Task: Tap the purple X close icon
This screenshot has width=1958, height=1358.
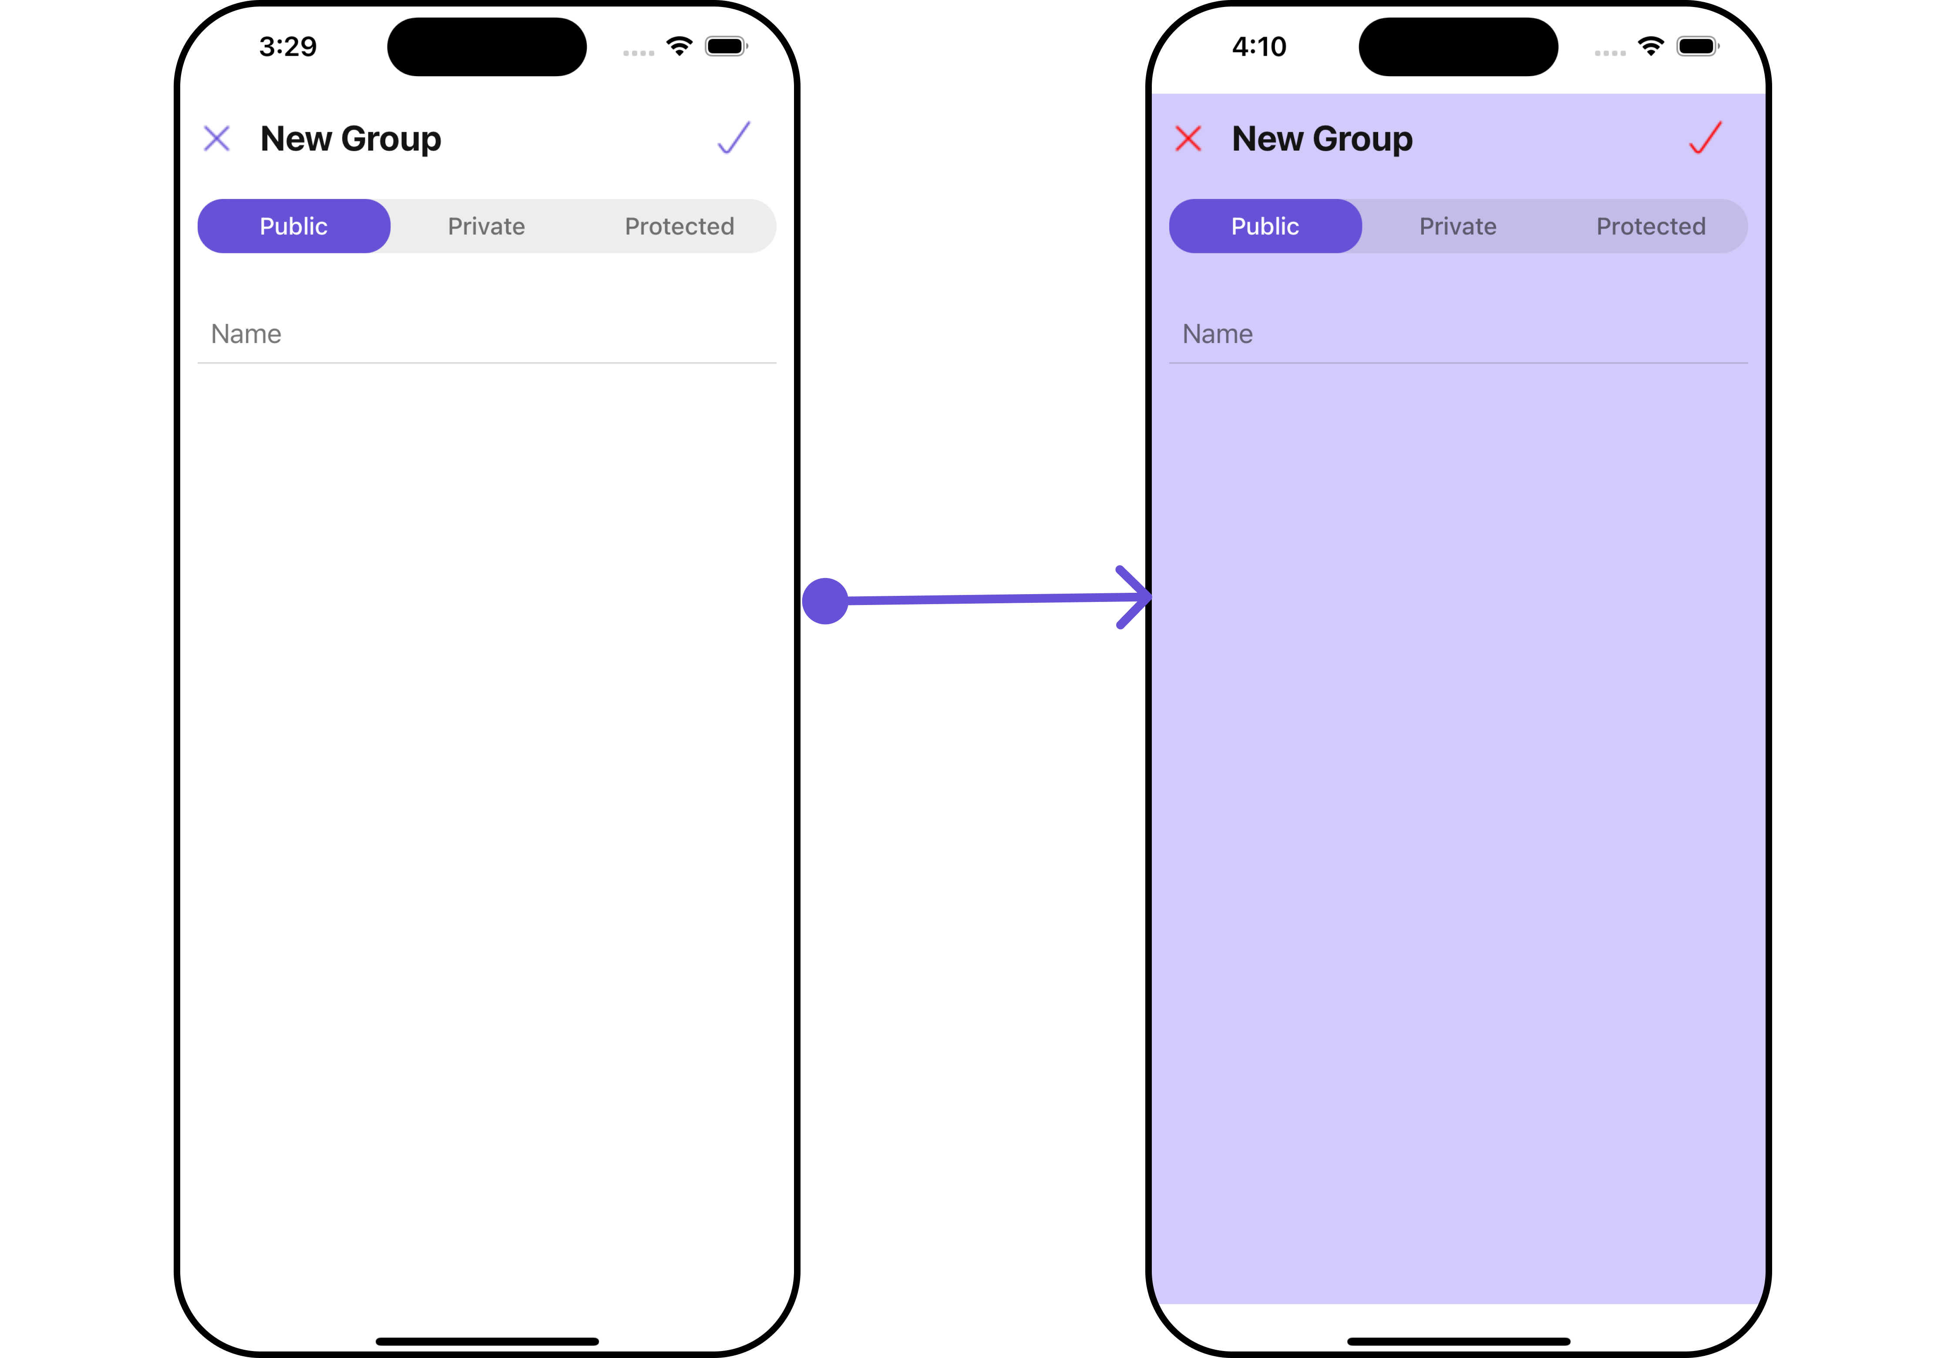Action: click(217, 138)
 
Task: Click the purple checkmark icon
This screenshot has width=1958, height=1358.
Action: click(733, 137)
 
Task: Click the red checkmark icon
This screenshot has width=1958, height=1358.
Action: click(1705, 137)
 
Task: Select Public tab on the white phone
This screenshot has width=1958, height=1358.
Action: click(293, 226)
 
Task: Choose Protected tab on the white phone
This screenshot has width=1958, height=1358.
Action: click(679, 226)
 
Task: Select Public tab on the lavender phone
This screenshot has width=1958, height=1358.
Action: click(1265, 226)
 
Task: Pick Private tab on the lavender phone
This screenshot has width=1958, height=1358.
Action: click(1458, 226)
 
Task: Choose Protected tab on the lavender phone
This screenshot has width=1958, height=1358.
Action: click(1651, 226)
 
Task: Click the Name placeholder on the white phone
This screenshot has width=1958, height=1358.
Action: click(246, 333)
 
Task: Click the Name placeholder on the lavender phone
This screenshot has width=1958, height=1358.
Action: click(1218, 333)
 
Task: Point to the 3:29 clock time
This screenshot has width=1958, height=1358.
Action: click(288, 46)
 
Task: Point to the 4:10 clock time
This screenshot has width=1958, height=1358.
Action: click(1259, 46)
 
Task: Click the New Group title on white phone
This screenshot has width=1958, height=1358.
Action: click(350, 139)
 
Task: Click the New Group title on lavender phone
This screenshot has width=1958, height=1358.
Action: click(1322, 139)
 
